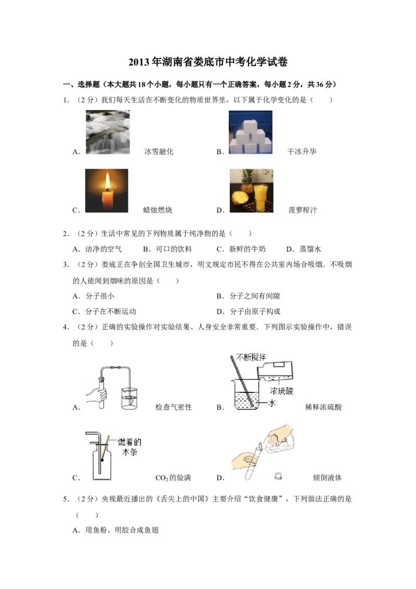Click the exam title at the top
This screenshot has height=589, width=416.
[x=208, y=62]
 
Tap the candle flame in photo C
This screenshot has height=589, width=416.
[x=108, y=182]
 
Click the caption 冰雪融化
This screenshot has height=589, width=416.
[x=159, y=152]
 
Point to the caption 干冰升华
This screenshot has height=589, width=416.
[x=302, y=152]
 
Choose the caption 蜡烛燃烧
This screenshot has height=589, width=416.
[x=158, y=210]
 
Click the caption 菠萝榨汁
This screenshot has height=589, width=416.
[x=303, y=210]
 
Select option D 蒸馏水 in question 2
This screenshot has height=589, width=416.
[x=304, y=249]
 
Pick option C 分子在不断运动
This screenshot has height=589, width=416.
[x=105, y=311]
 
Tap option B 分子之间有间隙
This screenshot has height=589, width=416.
[x=249, y=296]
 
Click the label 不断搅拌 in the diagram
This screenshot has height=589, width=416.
[x=251, y=357]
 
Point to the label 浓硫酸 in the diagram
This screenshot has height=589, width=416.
[x=281, y=391]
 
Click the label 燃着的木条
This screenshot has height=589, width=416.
[x=129, y=446]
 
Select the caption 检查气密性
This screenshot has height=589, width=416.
[x=174, y=407]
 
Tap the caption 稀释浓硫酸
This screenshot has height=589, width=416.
[x=323, y=407]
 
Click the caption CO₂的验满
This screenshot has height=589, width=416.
[x=173, y=478]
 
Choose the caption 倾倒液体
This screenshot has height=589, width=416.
[x=327, y=478]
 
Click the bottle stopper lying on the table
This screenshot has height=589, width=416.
[x=278, y=476]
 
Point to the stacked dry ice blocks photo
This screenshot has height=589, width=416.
[x=251, y=132]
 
